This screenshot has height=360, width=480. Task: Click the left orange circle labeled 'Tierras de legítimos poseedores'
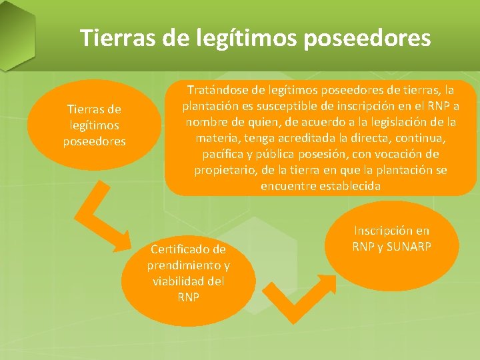pyautogui.click(x=94, y=125)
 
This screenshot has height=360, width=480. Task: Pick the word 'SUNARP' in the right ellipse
pyautogui.click(x=409, y=247)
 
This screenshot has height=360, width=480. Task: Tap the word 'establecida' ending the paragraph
pyautogui.click(x=350, y=187)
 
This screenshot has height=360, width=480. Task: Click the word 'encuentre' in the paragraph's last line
pyautogui.click(x=289, y=187)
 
